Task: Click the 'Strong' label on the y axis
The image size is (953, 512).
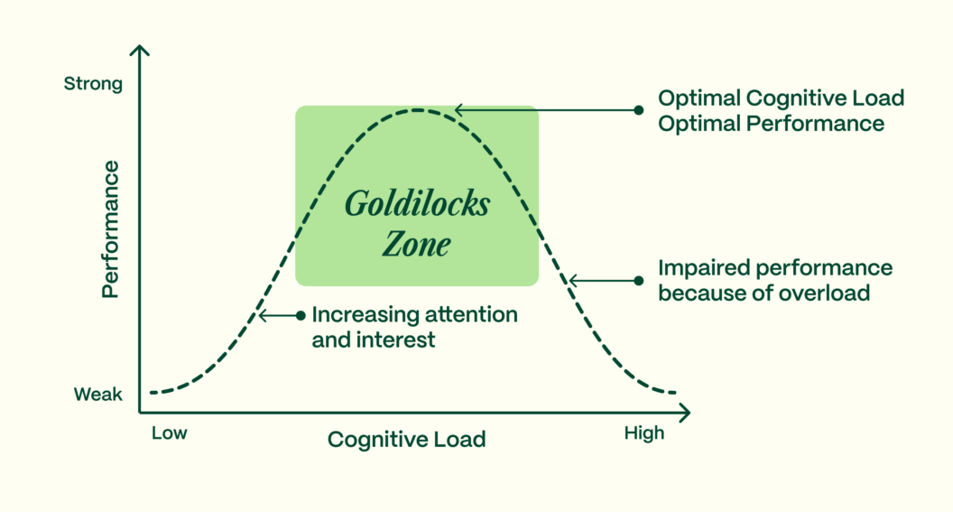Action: [92, 84]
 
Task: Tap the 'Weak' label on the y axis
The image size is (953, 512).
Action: [97, 395]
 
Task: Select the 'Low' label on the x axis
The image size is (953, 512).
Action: [169, 433]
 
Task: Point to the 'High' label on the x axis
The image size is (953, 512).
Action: [643, 433]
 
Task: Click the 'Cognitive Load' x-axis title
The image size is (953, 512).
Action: [406, 440]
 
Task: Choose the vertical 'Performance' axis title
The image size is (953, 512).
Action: [110, 229]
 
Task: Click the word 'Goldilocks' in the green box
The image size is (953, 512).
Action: [416, 205]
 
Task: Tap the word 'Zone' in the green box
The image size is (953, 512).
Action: [416, 244]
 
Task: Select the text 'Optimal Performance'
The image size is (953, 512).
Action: [771, 124]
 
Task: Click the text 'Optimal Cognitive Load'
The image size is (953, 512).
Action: [781, 98]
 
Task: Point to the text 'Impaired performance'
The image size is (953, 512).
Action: [775, 268]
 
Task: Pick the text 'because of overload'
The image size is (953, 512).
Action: [763, 293]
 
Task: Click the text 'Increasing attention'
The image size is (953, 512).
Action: [414, 315]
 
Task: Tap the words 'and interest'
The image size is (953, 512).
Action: [374, 340]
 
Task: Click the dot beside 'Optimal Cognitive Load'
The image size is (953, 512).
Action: [639, 110]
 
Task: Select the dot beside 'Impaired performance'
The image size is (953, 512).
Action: [639, 281]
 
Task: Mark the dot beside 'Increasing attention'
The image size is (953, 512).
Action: [301, 316]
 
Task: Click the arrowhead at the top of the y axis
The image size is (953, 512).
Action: [139, 51]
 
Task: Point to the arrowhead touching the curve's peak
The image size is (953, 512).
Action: [458, 110]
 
